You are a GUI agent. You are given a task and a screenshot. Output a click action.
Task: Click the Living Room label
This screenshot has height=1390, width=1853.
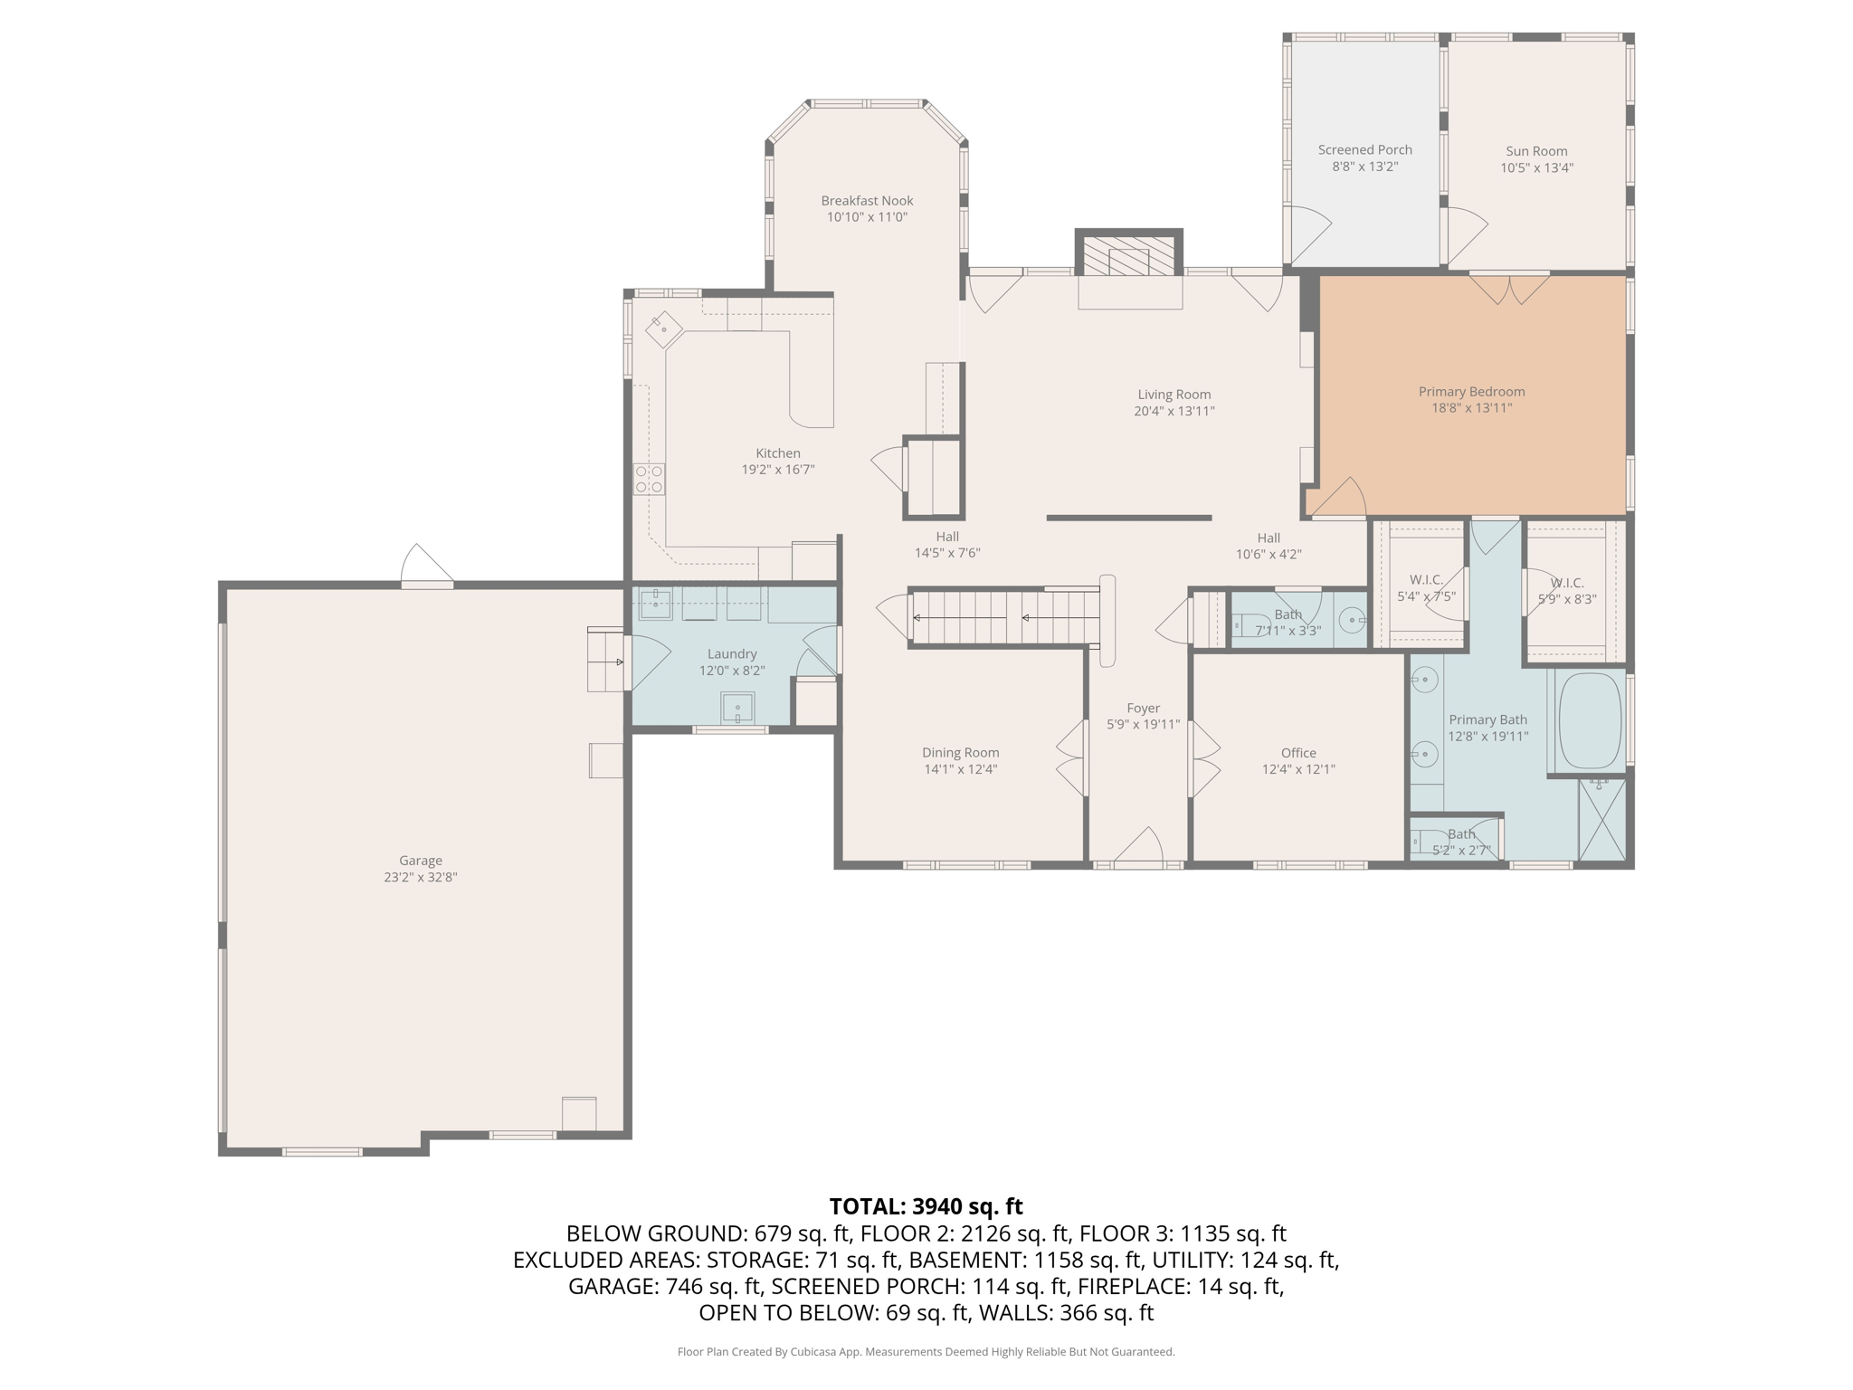(x=1174, y=395)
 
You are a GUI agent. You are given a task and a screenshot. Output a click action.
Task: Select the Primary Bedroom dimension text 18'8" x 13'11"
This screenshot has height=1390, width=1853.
(x=1471, y=408)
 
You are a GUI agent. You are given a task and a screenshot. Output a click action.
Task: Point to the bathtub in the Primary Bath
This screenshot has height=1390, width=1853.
(x=1589, y=721)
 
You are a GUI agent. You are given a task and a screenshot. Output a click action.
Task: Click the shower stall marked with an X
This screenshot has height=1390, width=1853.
(x=1601, y=819)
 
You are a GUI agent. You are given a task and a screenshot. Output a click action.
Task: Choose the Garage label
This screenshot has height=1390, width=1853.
(x=421, y=861)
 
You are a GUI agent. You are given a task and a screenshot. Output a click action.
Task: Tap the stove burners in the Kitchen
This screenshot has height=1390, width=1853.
(x=649, y=479)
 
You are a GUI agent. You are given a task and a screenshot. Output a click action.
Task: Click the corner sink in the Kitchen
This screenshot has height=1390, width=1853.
(x=664, y=329)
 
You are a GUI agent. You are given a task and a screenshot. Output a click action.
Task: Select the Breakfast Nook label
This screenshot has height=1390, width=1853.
(x=867, y=201)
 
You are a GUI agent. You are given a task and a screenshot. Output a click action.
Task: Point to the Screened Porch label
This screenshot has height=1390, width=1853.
(x=1364, y=150)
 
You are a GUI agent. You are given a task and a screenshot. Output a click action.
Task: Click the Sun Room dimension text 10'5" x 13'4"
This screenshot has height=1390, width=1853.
(x=1536, y=167)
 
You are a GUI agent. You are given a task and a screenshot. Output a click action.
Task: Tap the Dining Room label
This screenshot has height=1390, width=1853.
(x=960, y=753)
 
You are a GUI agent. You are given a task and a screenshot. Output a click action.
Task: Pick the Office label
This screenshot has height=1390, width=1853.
(x=1298, y=753)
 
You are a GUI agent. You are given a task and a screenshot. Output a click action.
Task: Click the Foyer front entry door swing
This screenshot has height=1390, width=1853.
(x=1138, y=844)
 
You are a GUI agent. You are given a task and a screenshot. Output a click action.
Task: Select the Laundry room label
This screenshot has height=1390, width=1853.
(x=732, y=654)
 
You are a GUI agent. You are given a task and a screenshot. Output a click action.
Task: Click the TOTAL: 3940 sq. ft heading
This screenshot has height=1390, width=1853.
(x=926, y=1206)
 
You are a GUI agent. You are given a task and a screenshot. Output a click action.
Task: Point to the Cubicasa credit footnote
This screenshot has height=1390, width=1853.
(x=926, y=1352)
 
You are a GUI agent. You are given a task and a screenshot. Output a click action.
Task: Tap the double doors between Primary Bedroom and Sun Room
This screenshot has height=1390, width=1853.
(x=1509, y=289)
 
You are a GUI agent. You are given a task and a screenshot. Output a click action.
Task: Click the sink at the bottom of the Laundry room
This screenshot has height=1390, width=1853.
(x=737, y=708)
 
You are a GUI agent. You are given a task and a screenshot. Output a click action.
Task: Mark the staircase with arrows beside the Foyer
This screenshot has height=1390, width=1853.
(x=1004, y=618)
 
